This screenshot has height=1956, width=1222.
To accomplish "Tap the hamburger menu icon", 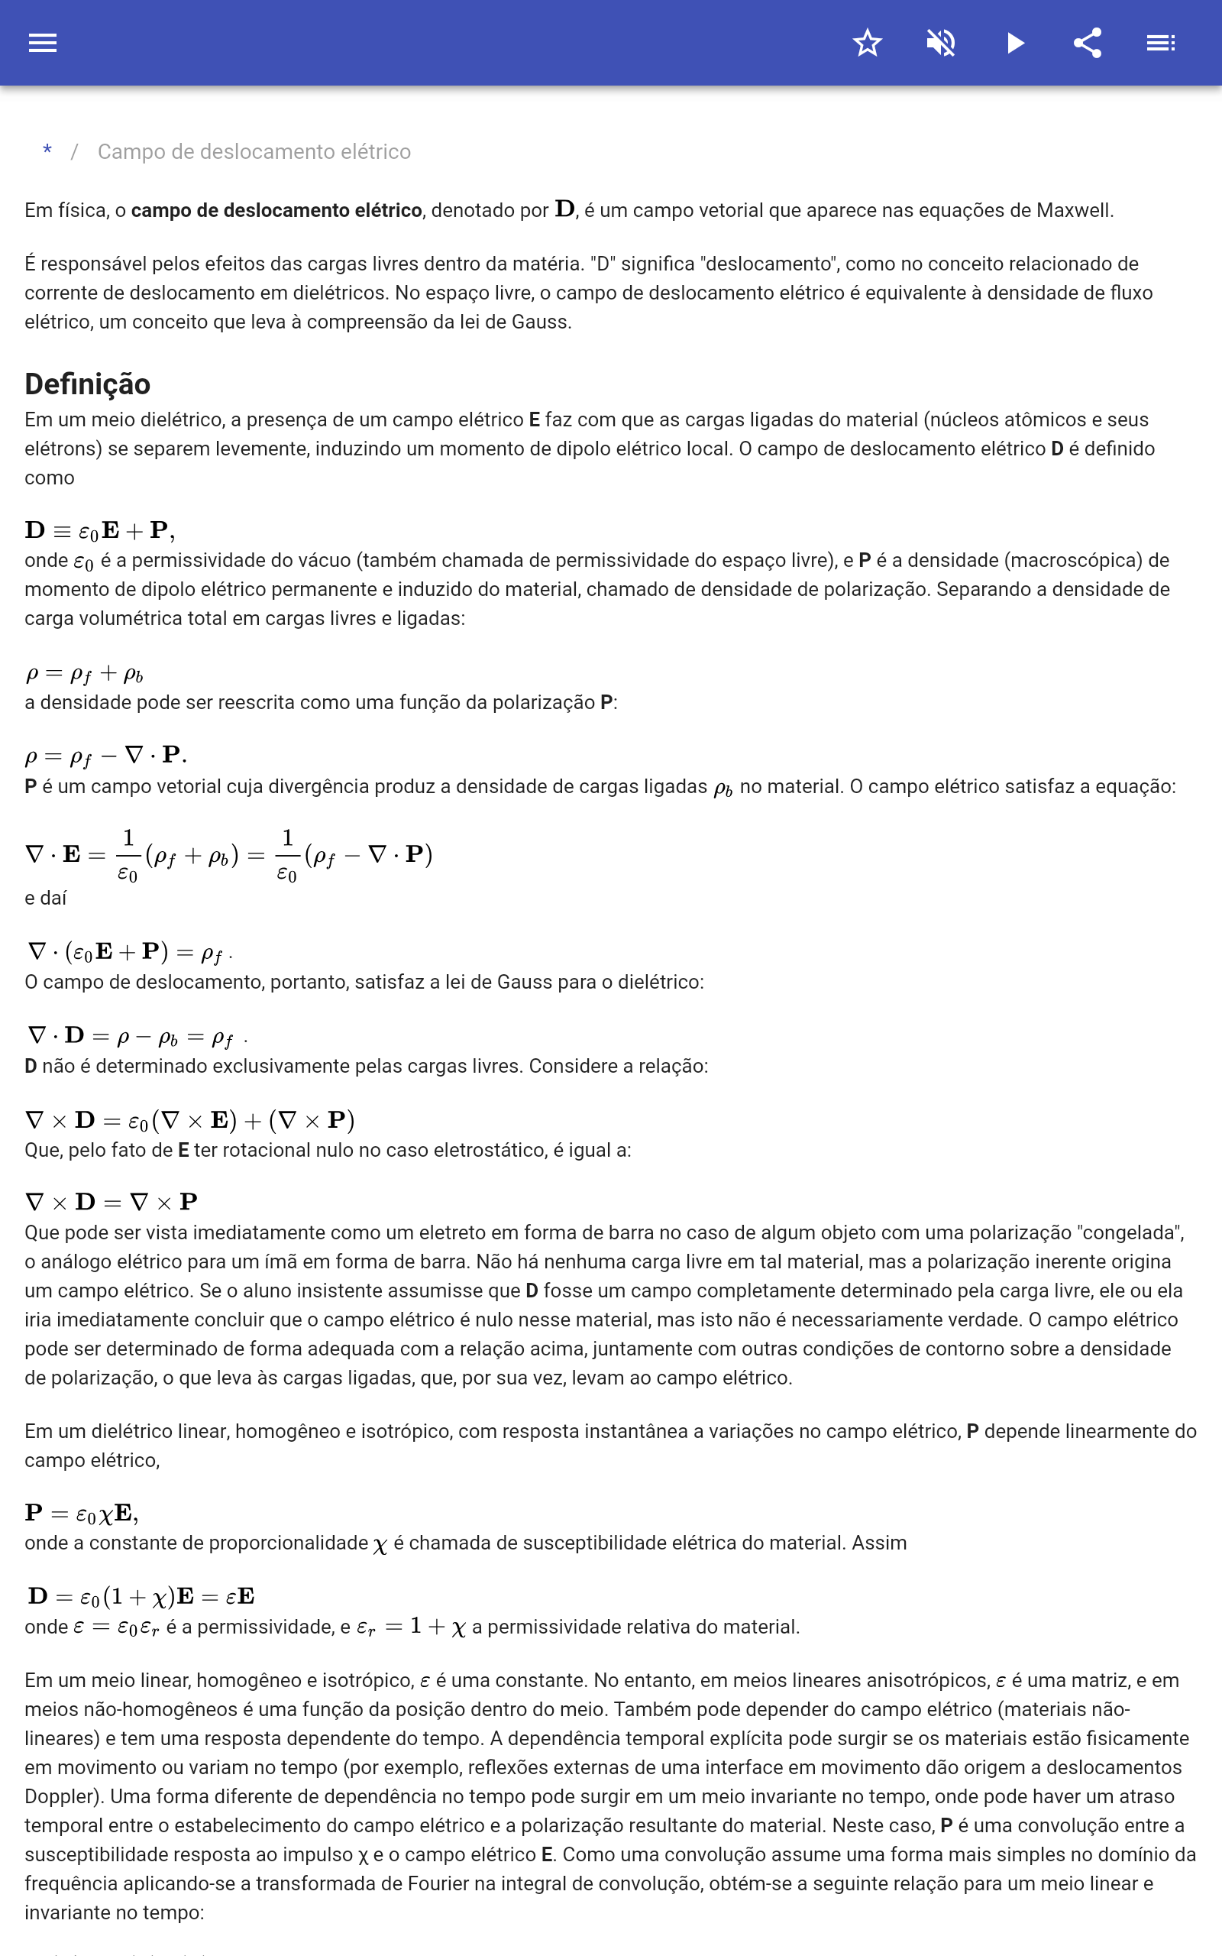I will pyautogui.click(x=43, y=43).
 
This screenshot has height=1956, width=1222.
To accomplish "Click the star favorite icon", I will pyautogui.click(x=867, y=43).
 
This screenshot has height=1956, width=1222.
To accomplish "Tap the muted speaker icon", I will pyautogui.click(x=941, y=43).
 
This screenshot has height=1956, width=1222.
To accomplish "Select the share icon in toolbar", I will pyautogui.click(x=1088, y=43).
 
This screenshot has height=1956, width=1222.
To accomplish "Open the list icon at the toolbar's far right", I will pyautogui.click(x=1161, y=43).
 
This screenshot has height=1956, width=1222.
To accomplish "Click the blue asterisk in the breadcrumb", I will pyautogui.click(x=47, y=151).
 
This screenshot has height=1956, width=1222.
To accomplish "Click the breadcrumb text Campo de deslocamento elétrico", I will pyautogui.click(x=254, y=152).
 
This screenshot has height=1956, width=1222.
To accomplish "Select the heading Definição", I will pyautogui.click(x=87, y=384).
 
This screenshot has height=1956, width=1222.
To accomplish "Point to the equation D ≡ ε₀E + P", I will pyautogui.click(x=99, y=531).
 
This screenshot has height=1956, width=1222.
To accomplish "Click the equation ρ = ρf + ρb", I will pyautogui.click(x=84, y=673).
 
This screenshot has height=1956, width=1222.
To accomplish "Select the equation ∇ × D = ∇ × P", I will pyautogui.click(x=112, y=1202).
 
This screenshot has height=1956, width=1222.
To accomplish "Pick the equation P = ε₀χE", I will pyautogui.click(x=82, y=1513).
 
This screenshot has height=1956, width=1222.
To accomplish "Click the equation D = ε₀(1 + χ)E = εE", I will pyautogui.click(x=141, y=1596).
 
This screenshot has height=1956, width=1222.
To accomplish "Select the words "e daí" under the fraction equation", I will pyautogui.click(x=45, y=898).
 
